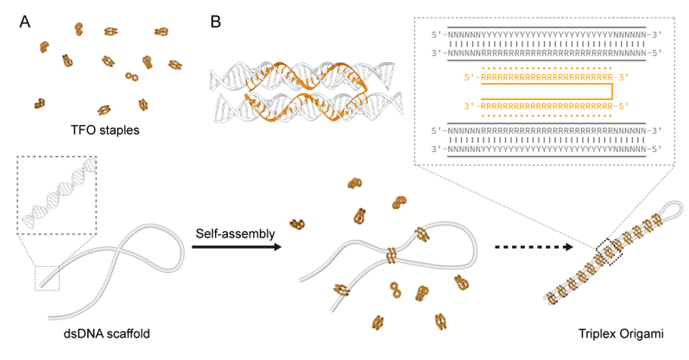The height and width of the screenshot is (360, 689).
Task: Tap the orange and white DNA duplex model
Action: (294, 90)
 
